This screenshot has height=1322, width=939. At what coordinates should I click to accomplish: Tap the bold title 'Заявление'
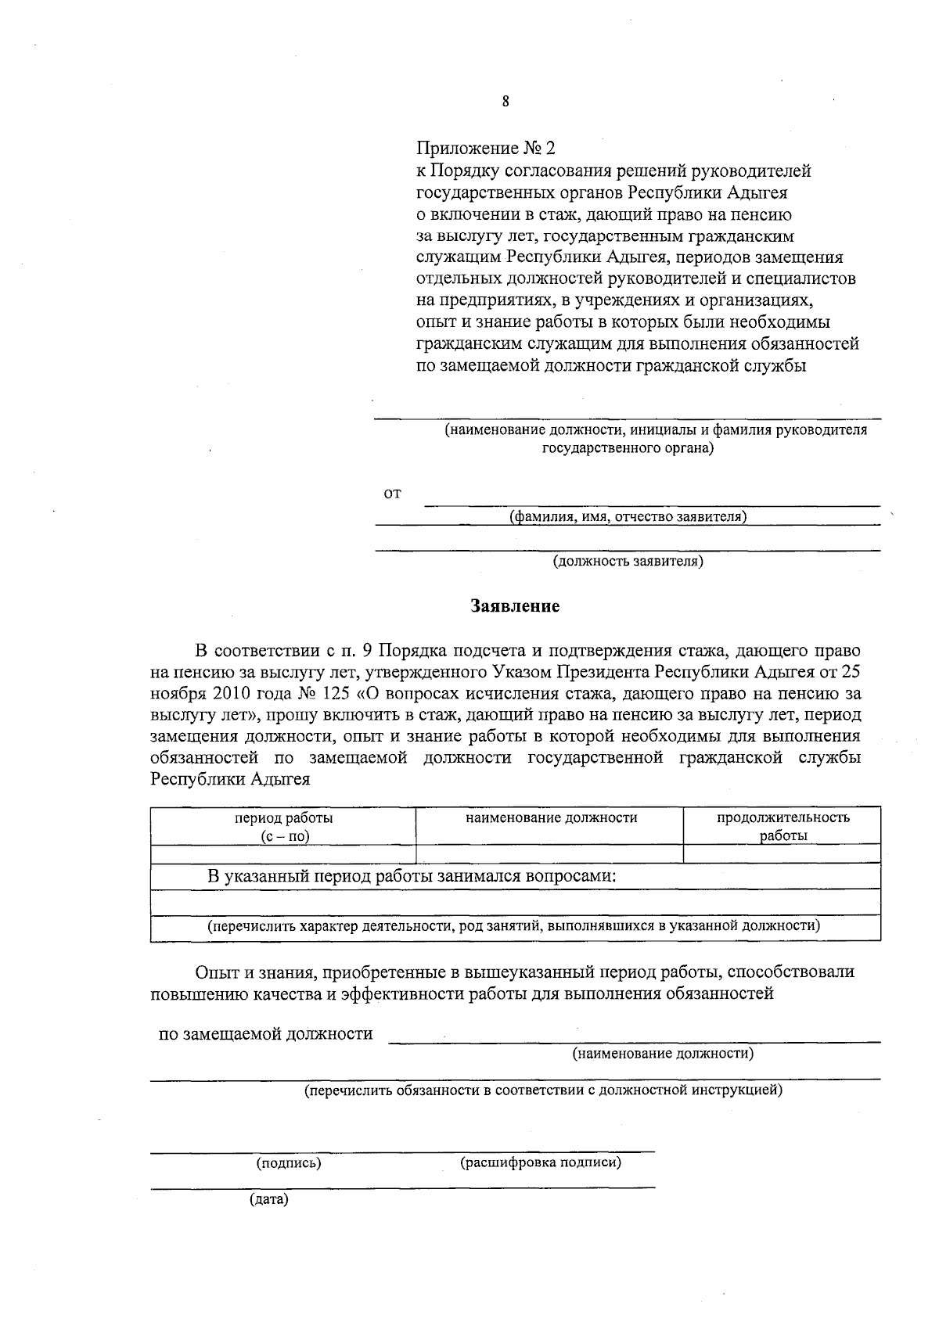tap(515, 606)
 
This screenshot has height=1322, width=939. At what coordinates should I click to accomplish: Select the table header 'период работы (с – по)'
tap(284, 827)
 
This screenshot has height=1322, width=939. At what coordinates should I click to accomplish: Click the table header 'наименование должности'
tap(551, 818)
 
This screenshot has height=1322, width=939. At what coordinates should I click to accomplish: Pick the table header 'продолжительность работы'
tap(783, 827)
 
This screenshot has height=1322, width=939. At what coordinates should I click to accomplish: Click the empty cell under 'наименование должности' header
tap(550, 853)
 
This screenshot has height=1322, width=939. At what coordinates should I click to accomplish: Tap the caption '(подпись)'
tap(289, 1163)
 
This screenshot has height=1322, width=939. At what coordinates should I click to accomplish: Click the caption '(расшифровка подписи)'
tap(541, 1162)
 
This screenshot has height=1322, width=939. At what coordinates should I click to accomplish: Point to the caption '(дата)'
tap(268, 1199)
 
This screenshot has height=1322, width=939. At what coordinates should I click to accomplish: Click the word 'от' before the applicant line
tap(392, 494)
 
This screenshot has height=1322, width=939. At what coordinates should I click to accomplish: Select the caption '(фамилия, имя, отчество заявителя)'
tap(628, 516)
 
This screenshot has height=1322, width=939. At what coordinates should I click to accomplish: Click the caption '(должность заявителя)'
tap(628, 561)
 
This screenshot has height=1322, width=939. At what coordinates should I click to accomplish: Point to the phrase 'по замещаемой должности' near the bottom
tap(266, 1034)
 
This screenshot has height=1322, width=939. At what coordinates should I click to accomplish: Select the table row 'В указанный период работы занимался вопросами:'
tap(412, 876)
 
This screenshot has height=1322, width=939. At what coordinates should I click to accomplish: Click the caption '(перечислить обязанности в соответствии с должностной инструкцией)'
tap(543, 1090)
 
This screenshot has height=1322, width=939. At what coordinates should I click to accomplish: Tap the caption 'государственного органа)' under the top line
tap(628, 449)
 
